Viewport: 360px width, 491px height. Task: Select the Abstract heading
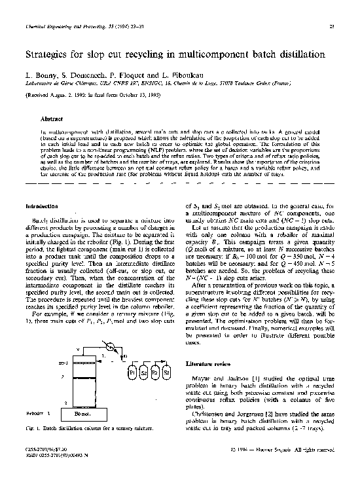pos(52,119)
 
